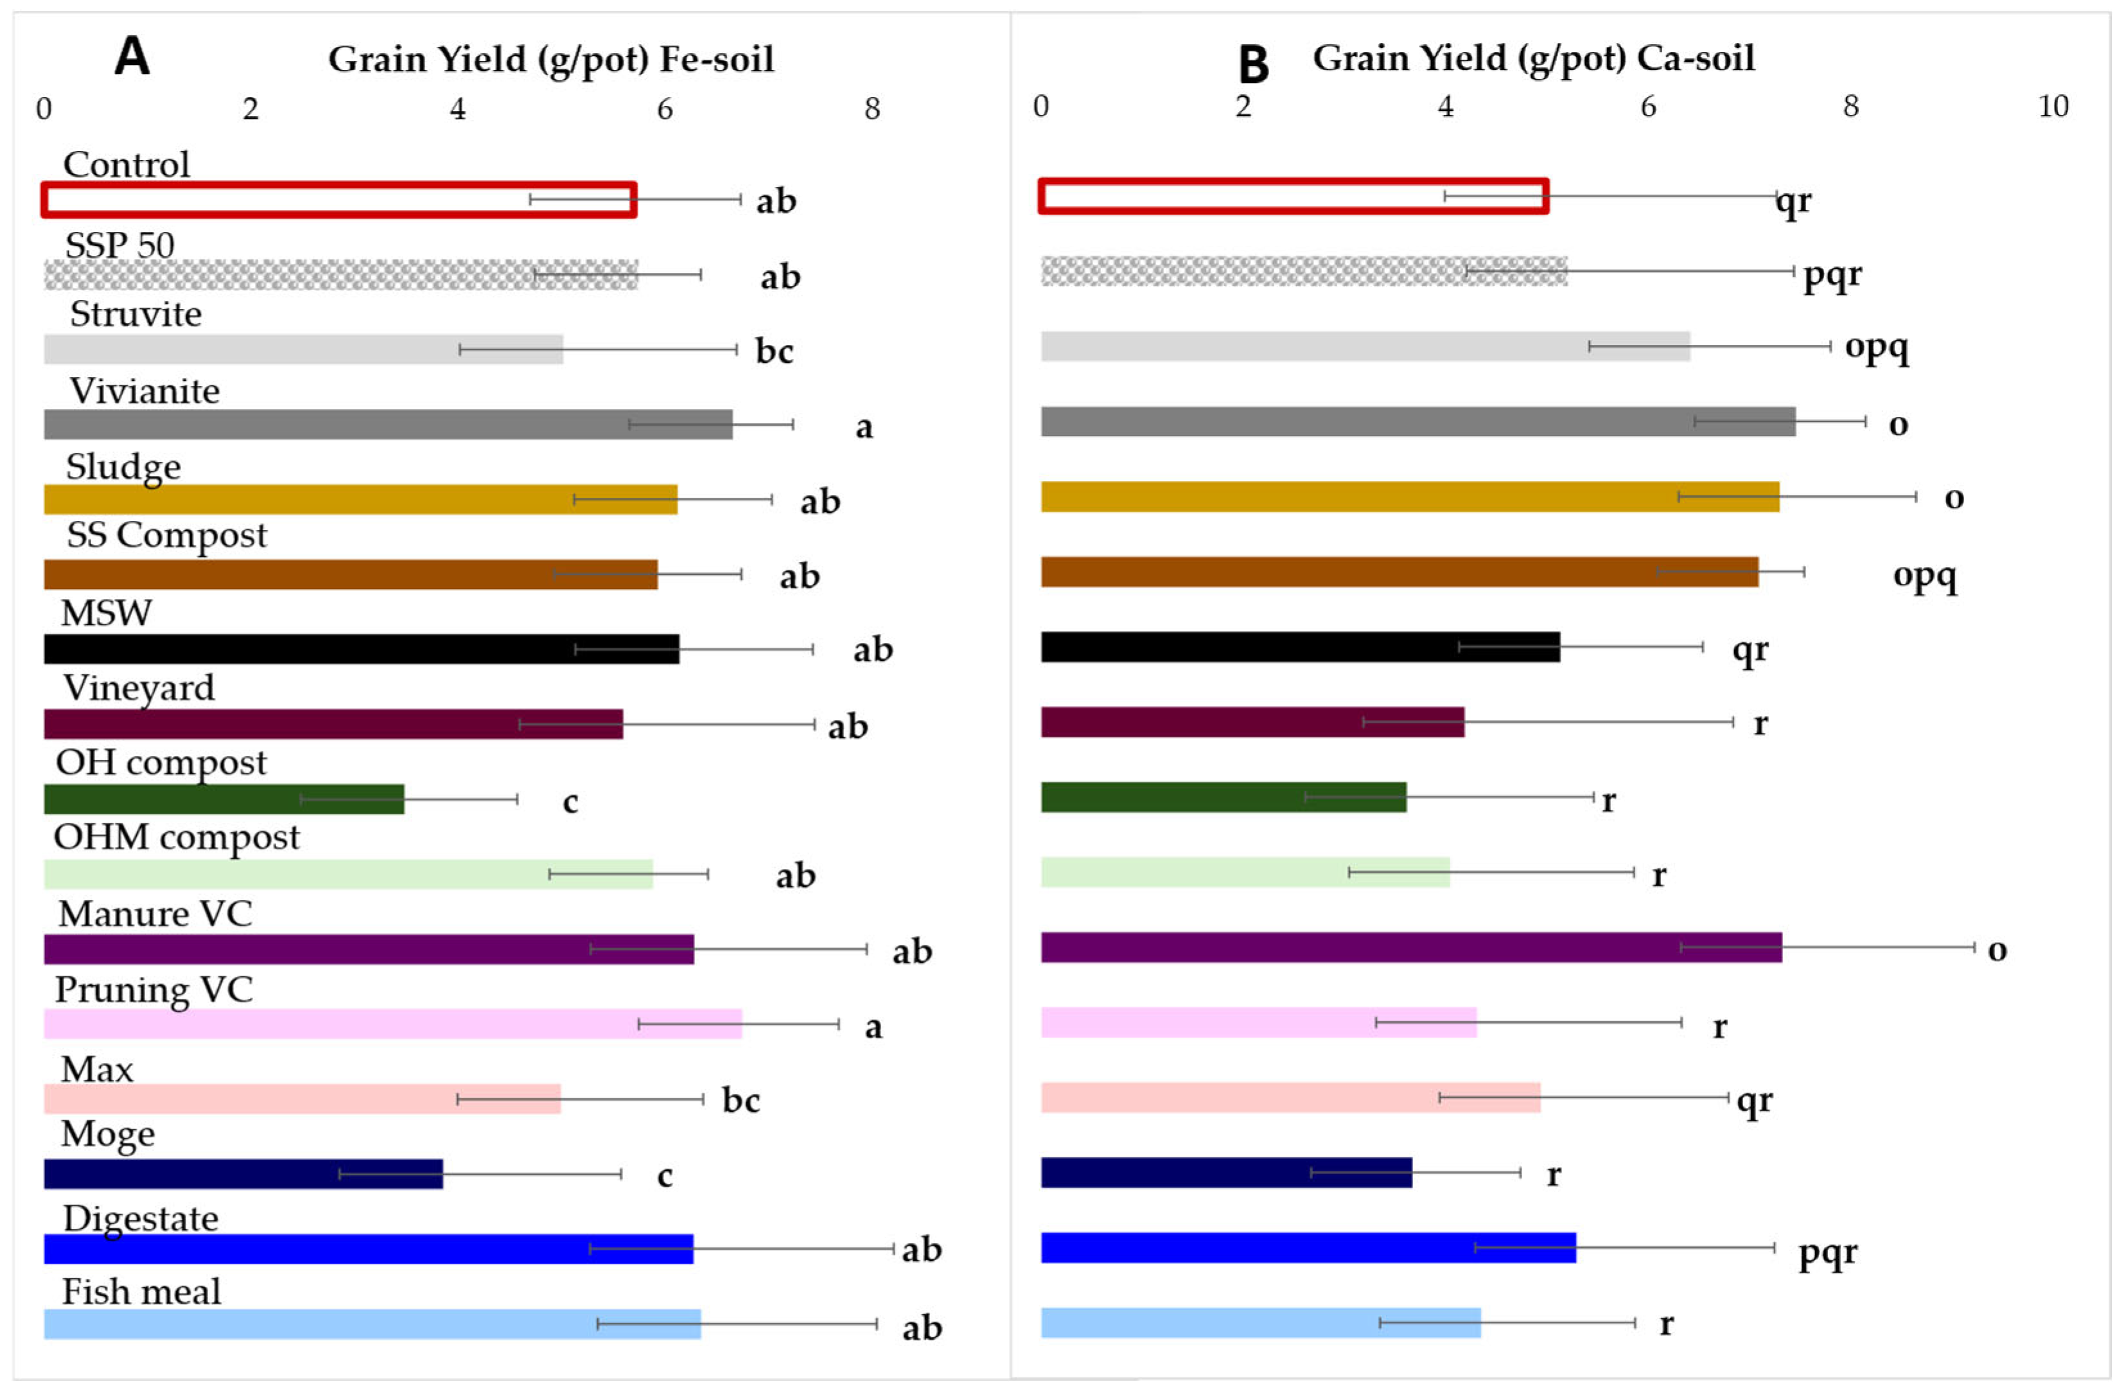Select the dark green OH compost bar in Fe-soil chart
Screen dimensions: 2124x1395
(x=224, y=799)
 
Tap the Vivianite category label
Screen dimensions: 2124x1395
(x=145, y=391)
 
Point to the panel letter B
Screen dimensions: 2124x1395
(x=1253, y=64)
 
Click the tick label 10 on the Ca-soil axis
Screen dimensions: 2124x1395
(x=2053, y=106)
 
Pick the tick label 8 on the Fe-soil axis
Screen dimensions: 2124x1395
(x=872, y=109)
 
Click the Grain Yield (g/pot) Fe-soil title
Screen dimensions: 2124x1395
(x=550, y=60)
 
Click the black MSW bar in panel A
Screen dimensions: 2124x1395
(x=362, y=649)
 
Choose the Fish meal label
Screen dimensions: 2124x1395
(x=141, y=1292)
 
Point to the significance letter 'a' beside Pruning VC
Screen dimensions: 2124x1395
(x=873, y=1027)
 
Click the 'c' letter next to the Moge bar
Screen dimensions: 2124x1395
(x=664, y=1177)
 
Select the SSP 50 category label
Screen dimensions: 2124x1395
(x=119, y=245)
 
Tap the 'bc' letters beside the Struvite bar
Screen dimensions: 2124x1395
(x=774, y=351)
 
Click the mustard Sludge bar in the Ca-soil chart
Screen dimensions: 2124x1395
(x=1410, y=496)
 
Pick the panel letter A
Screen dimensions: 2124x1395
(x=132, y=57)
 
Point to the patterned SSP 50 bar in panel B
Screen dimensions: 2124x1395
(x=1304, y=271)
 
